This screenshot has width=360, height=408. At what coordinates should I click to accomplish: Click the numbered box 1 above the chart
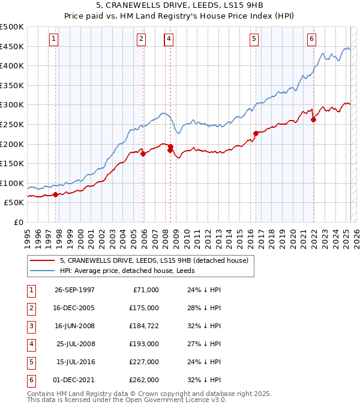pyautogui.click(x=54, y=39)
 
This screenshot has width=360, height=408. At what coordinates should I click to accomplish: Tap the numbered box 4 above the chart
pyautogui.click(x=169, y=39)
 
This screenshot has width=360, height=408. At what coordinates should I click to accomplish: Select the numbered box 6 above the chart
pyautogui.click(x=312, y=39)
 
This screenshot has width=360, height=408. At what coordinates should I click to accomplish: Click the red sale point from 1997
pyautogui.click(x=56, y=194)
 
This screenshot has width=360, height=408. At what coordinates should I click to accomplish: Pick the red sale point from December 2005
pyautogui.click(x=143, y=154)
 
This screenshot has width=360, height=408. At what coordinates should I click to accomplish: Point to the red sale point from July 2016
pyautogui.click(x=256, y=133)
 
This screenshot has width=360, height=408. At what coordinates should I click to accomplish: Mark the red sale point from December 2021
pyautogui.click(x=313, y=119)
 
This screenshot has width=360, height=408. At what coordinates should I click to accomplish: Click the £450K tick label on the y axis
pyautogui.click(x=12, y=46)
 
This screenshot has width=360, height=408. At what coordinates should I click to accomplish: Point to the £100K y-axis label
pyautogui.click(x=12, y=183)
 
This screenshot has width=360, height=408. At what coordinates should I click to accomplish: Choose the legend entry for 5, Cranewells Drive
pyautogui.click(x=158, y=260)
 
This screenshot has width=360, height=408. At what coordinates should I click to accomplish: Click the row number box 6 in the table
pyautogui.click(x=29, y=380)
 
